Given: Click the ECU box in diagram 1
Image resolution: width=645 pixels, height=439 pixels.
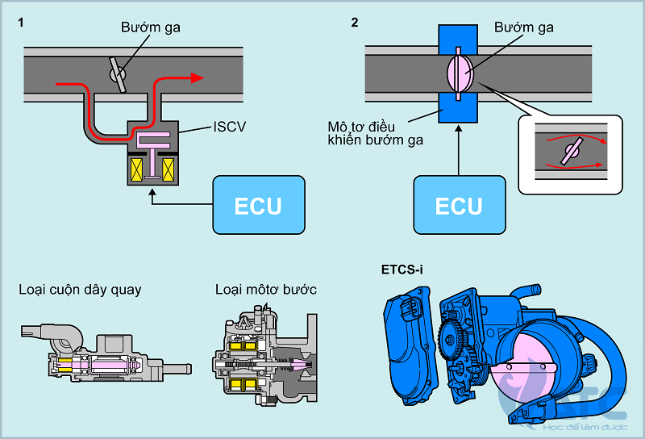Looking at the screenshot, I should coord(258,205).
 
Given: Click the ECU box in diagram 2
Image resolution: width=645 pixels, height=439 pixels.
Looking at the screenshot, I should coord(458,205).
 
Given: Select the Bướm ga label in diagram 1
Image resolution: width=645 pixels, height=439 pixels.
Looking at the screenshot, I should coord(151,28).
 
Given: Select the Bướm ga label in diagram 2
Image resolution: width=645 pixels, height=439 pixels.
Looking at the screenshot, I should coord(524,28).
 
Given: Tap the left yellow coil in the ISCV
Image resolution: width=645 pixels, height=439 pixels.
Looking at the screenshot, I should coord(138,170).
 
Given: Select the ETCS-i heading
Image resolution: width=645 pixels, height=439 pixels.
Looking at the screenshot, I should coord(402,270).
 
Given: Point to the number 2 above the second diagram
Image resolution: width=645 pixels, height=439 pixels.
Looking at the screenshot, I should coord(355,22).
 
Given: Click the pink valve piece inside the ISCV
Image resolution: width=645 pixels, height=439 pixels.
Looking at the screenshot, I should coord(152,142).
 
